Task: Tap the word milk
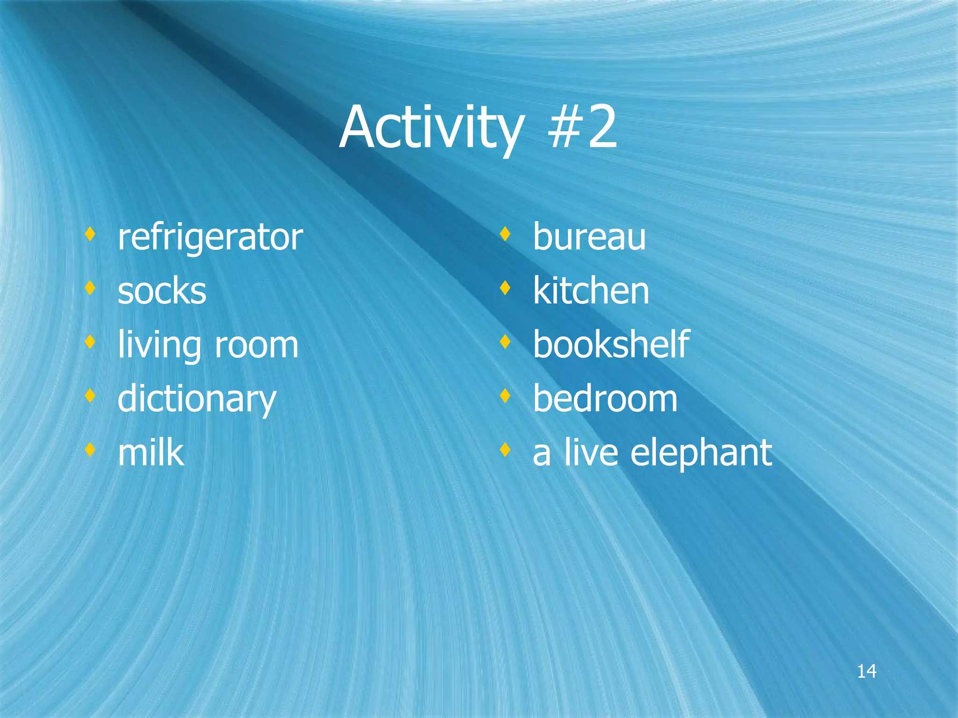click(x=151, y=452)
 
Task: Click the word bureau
click(x=589, y=237)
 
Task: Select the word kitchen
click(x=591, y=291)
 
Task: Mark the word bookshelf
click(x=611, y=345)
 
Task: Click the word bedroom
click(x=605, y=399)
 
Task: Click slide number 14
click(x=866, y=672)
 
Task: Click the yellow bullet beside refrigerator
click(x=90, y=234)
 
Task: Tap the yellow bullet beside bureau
click(x=505, y=234)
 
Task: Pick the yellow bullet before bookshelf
click(x=505, y=342)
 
